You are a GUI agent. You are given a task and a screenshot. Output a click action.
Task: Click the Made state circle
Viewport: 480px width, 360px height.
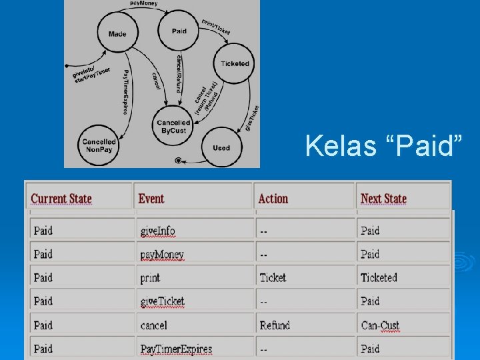(117, 33)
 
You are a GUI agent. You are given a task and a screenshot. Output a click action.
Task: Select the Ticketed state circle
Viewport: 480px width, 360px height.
(235, 64)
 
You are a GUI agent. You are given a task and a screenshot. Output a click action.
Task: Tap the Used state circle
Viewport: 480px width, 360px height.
(221, 147)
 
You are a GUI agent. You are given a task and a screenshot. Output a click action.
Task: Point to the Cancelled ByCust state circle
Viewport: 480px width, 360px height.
(173, 127)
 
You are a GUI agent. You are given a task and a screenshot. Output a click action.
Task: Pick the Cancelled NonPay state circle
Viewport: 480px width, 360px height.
(99, 145)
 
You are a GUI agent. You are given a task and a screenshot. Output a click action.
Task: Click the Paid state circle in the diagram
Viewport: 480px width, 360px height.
(179, 31)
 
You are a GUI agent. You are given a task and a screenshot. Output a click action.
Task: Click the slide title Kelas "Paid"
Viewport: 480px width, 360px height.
(383, 146)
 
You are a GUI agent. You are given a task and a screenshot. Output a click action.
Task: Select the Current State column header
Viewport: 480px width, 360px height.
(61, 198)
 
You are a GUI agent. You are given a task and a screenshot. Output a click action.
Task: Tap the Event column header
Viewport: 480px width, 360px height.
(151, 198)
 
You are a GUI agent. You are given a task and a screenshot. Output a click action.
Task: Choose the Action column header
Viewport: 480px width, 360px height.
(273, 198)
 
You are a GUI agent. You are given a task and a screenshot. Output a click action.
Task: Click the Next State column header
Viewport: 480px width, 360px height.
(383, 198)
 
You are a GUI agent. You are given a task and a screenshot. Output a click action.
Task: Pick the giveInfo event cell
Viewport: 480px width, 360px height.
(158, 231)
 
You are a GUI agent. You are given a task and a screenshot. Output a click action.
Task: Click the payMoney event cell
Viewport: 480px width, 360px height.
(162, 254)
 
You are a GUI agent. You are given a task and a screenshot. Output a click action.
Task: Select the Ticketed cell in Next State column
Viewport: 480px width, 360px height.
(379, 277)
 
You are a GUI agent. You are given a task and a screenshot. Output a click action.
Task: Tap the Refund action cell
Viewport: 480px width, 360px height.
(275, 325)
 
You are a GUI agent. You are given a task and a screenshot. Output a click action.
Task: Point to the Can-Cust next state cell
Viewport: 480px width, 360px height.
(380, 325)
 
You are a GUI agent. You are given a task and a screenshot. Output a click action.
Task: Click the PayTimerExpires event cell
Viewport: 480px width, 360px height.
(176, 349)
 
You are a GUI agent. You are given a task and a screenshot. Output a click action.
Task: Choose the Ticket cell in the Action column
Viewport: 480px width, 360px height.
(273, 277)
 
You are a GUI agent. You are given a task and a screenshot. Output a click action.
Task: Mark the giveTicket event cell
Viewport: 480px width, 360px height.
(163, 301)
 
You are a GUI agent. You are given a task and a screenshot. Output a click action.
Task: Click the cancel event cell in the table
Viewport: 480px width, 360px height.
(154, 325)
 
